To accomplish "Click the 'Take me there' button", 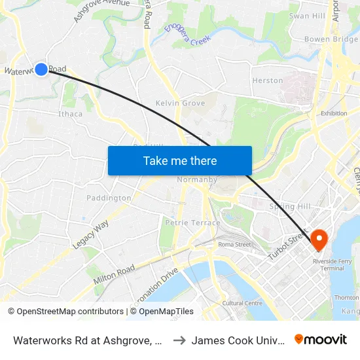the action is point(180,161).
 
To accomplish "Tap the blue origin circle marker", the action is point(41,69).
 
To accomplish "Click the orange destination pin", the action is point(319,239).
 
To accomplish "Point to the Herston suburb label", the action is point(268,81).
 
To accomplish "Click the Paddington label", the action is point(109,198).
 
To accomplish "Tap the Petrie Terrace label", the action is point(192,223).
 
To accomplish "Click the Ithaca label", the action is point(71,114).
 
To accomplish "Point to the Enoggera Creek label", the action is point(190,36).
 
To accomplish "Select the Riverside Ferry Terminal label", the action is point(333,264).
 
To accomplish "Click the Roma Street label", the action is point(234,245).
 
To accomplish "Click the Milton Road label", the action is point(114,272).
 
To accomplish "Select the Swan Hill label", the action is point(307,16).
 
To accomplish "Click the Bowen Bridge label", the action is point(331,39).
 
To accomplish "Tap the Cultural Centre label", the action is point(242,303).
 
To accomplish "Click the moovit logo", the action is point(321,339).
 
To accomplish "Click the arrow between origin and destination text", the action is point(179,339).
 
